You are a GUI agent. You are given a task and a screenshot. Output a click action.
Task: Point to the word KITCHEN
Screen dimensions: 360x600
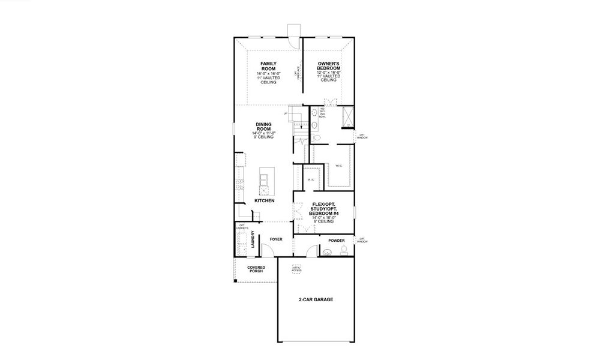(264, 201)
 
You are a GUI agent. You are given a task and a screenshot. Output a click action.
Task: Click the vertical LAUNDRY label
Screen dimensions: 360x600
(253, 239)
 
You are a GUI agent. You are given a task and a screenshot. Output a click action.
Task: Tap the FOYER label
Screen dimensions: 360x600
(276, 239)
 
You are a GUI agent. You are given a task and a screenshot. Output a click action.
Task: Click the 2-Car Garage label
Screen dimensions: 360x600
(316, 299)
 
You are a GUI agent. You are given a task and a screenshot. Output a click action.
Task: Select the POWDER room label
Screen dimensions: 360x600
(336, 241)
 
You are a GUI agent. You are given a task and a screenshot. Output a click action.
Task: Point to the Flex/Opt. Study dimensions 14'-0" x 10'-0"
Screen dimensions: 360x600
(323, 217)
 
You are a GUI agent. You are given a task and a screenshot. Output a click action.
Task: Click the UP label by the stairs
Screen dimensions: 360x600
(286, 113)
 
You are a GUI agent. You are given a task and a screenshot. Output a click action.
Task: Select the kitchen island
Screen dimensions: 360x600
(264, 182)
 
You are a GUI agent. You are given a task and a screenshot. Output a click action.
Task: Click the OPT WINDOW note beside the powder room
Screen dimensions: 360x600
(362, 239)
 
